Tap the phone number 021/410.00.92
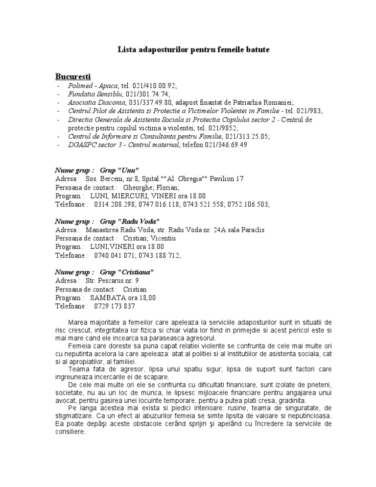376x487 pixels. (x=145, y=85)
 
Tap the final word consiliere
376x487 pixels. (x=71, y=432)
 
